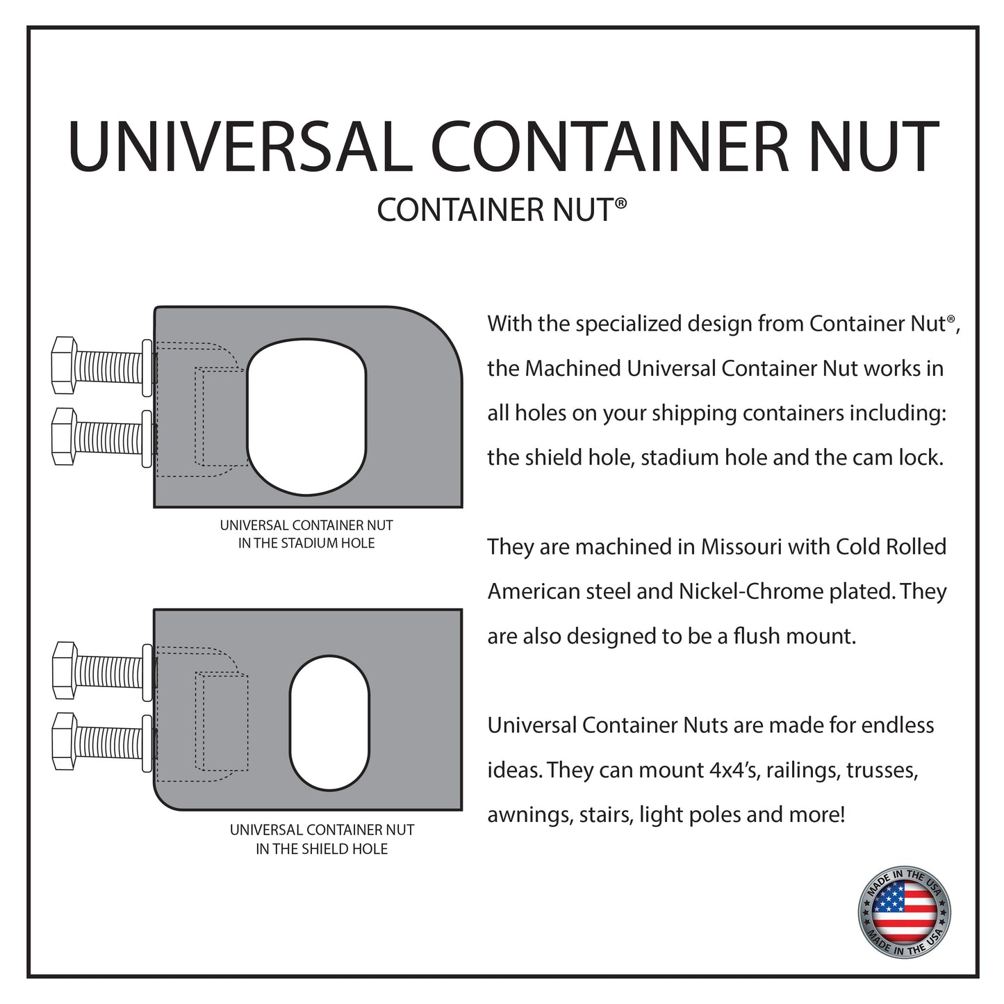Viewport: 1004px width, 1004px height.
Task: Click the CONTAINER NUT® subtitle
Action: click(502, 210)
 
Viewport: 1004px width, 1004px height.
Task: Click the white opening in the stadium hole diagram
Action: click(306, 417)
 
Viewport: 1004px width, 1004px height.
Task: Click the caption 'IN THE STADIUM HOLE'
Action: click(306, 543)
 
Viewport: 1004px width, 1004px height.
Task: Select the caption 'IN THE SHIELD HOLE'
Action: click(322, 849)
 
